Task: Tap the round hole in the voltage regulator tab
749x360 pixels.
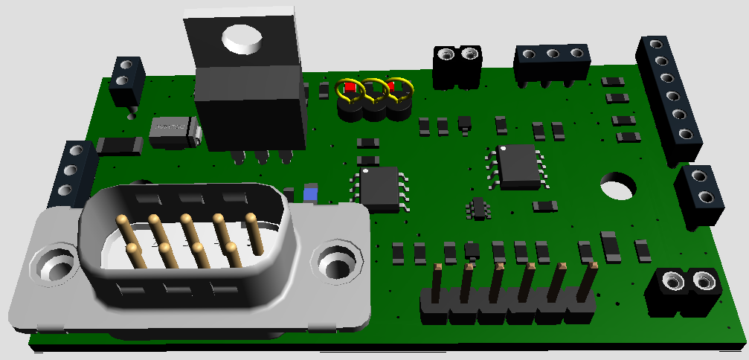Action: [x=243, y=37]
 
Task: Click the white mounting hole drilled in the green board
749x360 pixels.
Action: [x=616, y=185]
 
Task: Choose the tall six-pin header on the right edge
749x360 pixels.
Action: [x=670, y=97]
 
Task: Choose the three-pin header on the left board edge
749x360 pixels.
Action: [x=74, y=175]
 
